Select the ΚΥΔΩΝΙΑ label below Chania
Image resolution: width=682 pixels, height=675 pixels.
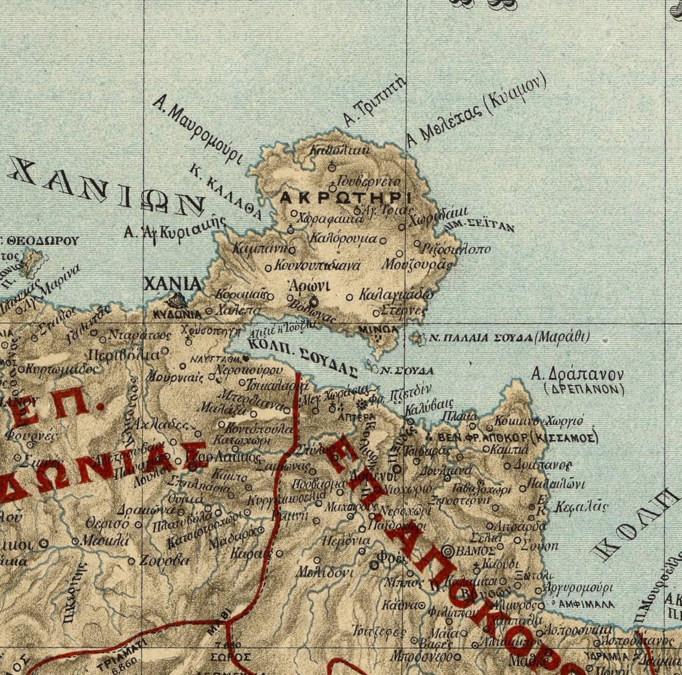point(177,314)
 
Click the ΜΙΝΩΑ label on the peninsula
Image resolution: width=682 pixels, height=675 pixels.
point(378,329)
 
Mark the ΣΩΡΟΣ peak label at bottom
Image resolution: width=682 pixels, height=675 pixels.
point(231,657)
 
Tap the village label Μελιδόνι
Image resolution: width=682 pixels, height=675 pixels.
point(324,573)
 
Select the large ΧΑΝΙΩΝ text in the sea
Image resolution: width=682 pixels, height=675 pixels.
point(107,188)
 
